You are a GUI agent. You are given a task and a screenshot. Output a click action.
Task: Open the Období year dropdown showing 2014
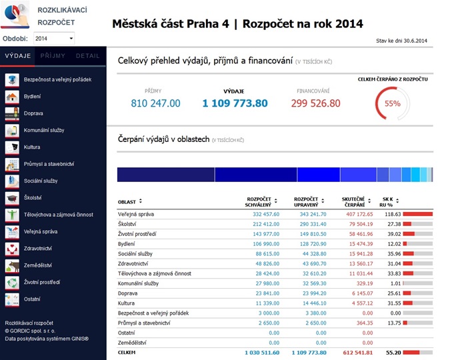[x=54, y=39]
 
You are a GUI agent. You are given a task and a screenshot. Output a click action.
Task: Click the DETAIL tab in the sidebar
[x=88, y=56]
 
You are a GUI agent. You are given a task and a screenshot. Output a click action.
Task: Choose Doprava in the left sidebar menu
[x=33, y=113]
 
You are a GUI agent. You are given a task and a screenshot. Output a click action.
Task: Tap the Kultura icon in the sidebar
[x=12, y=147]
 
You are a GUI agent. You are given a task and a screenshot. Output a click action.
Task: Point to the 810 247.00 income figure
[x=155, y=103]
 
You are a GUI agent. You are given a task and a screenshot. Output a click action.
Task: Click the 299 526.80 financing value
[x=315, y=103]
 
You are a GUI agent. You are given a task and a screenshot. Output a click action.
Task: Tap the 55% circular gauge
[x=392, y=103]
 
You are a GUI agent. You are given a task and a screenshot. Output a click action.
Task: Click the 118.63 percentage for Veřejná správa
[x=391, y=214]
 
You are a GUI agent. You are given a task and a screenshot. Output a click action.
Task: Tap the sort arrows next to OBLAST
[x=141, y=201]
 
